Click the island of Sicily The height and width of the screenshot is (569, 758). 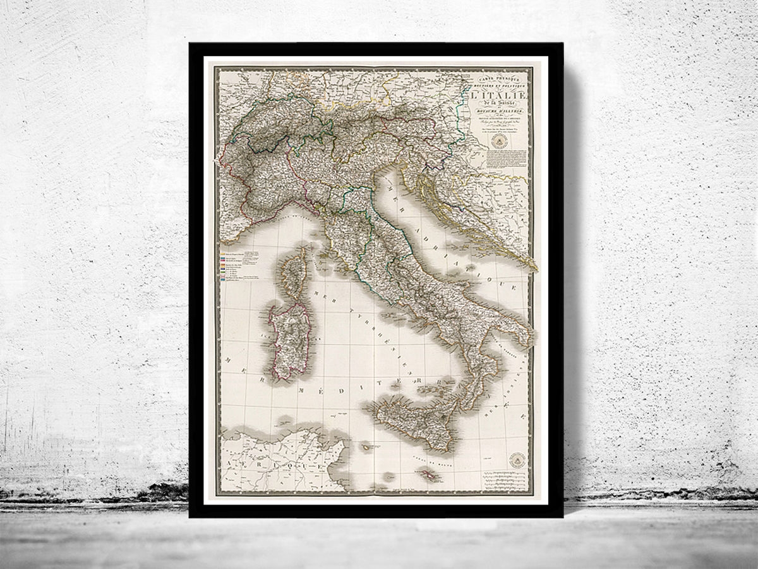point(411,420)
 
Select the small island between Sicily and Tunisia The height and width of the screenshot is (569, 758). point(367,447)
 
